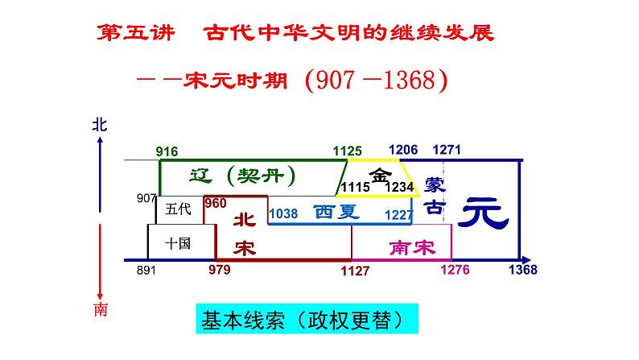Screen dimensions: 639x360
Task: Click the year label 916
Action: [167, 151]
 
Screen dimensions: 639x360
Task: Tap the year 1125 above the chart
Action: [347, 151]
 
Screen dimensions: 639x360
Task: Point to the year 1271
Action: [447, 150]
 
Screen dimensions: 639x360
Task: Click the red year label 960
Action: [216, 203]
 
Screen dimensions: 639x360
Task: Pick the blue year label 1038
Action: [283, 214]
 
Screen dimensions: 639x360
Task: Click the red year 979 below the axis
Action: [219, 270]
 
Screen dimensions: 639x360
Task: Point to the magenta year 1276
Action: [455, 270]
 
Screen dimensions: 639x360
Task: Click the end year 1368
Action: [522, 270]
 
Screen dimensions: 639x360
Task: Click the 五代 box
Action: [178, 209]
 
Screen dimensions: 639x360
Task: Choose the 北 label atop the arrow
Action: [98, 124]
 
